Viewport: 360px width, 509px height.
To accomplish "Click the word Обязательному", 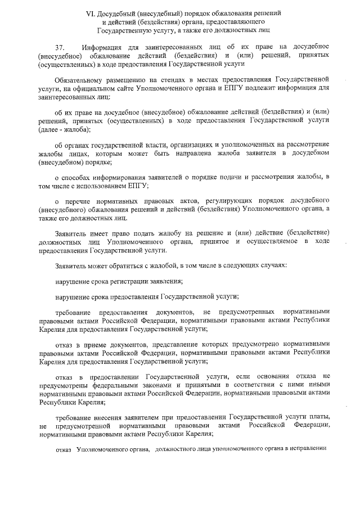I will coord(79,78).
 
